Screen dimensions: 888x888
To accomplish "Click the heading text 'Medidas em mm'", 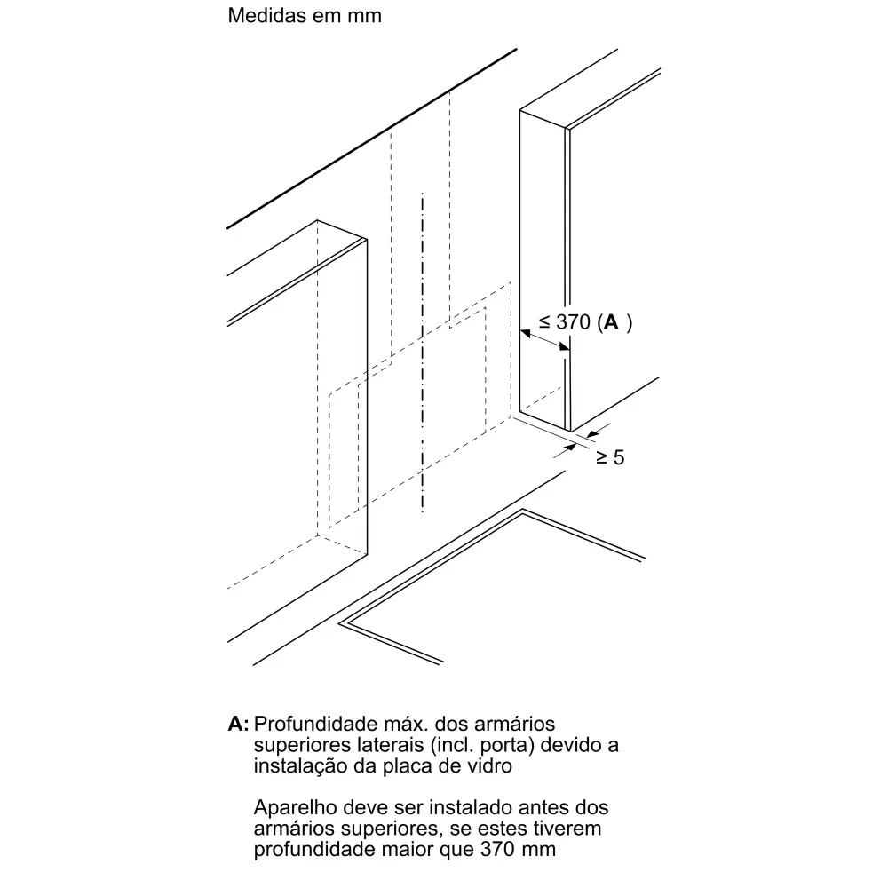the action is (x=305, y=15).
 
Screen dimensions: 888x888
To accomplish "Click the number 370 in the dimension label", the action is (x=573, y=322).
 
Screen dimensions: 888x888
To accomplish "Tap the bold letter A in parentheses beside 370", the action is (x=611, y=322).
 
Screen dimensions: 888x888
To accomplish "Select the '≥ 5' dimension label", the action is (x=610, y=457).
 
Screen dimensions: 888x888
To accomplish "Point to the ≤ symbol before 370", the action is (x=544, y=323).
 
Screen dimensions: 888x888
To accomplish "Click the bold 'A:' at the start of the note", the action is (x=238, y=724).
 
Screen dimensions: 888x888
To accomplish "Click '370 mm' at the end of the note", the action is (x=518, y=850).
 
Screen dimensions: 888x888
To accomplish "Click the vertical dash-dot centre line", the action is (x=423, y=353).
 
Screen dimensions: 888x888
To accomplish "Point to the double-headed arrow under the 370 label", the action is (x=545, y=340).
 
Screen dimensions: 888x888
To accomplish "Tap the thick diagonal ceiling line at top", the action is (x=372, y=139).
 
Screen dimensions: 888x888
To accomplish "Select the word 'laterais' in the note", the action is (x=390, y=745).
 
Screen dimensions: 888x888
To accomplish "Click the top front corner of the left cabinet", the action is (x=367, y=239).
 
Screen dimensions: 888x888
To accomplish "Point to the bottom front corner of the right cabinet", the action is (x=570, y=432).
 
